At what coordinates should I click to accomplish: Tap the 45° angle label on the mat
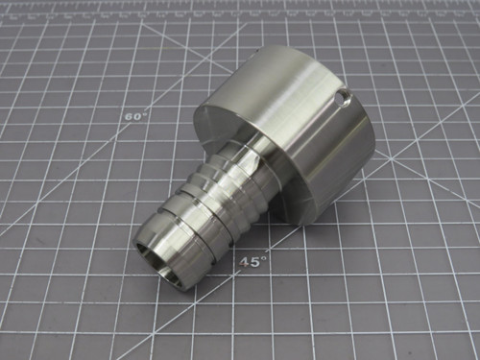(252, 260)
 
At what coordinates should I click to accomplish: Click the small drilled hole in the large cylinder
(342, 98)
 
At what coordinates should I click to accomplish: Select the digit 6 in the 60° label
(131, 116)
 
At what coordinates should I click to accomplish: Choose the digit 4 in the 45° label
(246, 261)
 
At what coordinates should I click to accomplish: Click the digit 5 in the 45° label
(255, 261)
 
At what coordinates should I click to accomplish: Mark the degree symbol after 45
(263, 256)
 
